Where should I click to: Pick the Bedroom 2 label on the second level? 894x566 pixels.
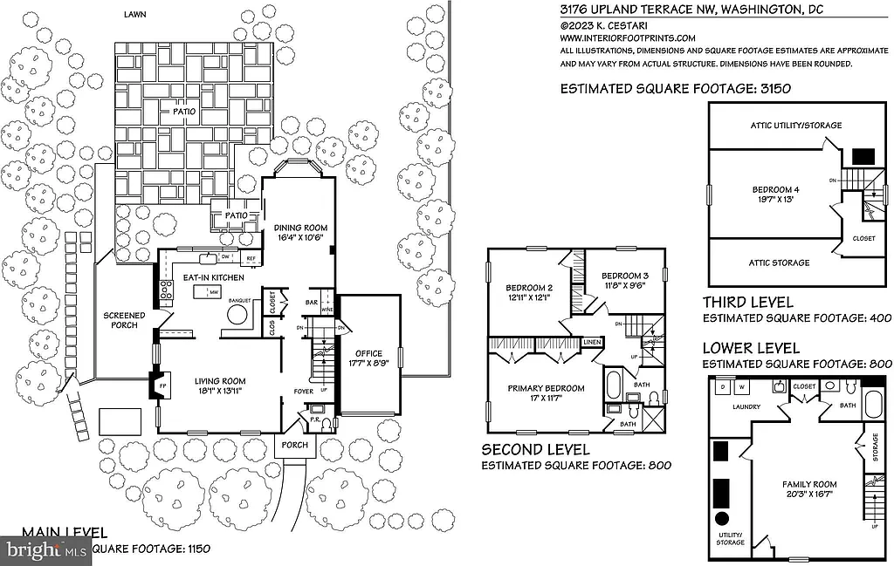click(528, 288)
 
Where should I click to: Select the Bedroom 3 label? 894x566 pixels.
click(625, 276)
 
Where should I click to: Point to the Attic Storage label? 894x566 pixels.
click(780, 263)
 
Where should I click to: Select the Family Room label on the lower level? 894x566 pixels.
click(812, 484)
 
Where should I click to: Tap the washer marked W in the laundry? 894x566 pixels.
click(742, 385)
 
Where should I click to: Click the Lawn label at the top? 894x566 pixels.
click(134, 15)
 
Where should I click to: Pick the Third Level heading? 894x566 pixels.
click(748, 303)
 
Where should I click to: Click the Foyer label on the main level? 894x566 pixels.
click(303, 392)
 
